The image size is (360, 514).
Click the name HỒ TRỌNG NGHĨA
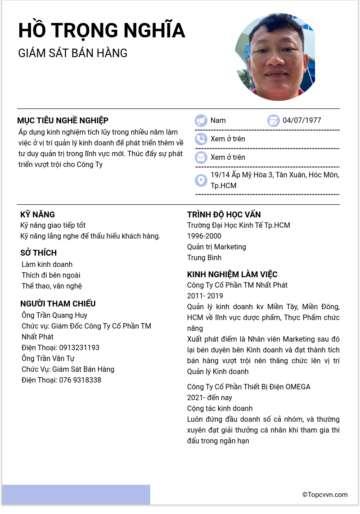click(x=102, y=31)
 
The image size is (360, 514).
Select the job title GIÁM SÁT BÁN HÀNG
click(x=73, y=53)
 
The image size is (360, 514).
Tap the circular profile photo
click(x=275, y=57)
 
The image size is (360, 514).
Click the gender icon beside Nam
click(x=201, y=121)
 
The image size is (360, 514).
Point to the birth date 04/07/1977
click(x=302, y=121)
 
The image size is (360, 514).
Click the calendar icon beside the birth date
click(x=273, y=121)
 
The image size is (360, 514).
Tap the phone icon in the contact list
click(x=201, y=139)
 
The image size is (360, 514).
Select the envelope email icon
click(x=201, y=157)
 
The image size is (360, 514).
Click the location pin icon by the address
click(x=201, y=180)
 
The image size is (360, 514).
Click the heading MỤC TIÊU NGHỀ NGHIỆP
click(x=63, y=121)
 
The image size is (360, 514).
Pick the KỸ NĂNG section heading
click(x=38, y=215)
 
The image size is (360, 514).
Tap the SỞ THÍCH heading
click(x=38, y=253)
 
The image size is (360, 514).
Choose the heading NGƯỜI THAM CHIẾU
click(x=58, y=304)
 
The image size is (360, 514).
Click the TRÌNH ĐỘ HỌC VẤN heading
click(x=224, y=215)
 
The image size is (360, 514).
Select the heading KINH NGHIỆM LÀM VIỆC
click(x=232, y=275)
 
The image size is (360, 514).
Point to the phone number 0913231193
click(x=79, y=348)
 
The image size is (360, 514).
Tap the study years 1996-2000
click(x=204, y=236)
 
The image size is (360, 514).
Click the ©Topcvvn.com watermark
click(x=325, y=495)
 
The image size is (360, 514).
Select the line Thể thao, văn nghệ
click(x=52, y=286)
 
